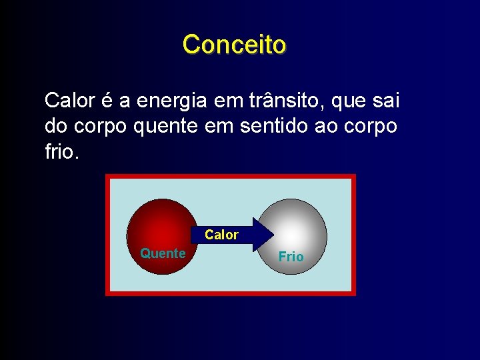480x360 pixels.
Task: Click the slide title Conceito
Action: pyautogui.click(x=234, y=45)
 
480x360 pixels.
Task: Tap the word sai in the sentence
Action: pyautogui.click(x=387, y=101)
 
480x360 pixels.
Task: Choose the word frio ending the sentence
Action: pyautogui.click(x=61, y=151)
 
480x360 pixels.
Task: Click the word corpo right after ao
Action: pyautogui.click(x=375, y=127)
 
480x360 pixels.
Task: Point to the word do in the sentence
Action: pyautogui.click(x=56, y=126)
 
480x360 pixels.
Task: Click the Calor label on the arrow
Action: pyautogui.click(x=221, y=235)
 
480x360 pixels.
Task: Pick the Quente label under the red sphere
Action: pyautogui.click(x=163, y=253)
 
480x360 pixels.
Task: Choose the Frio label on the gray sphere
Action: pyautogui.click(x=291, y=257)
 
